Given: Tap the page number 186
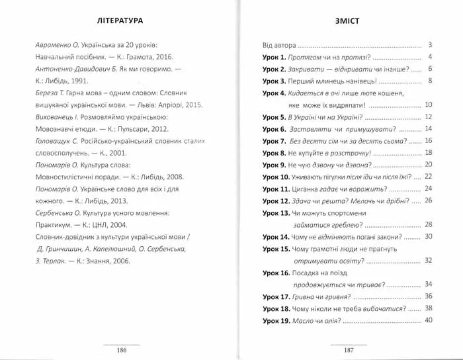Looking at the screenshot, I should pyautogui.click(x=120, y=349).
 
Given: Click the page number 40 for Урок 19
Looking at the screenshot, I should pyautogui.click(x=427, y=320).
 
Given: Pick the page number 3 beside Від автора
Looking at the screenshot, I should pyautogui.click(x=429, y=45).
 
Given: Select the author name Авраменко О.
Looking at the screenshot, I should pyautogui.click(x=55, y=46).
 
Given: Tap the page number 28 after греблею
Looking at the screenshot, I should pyautogui.click(x=427, y=224).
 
